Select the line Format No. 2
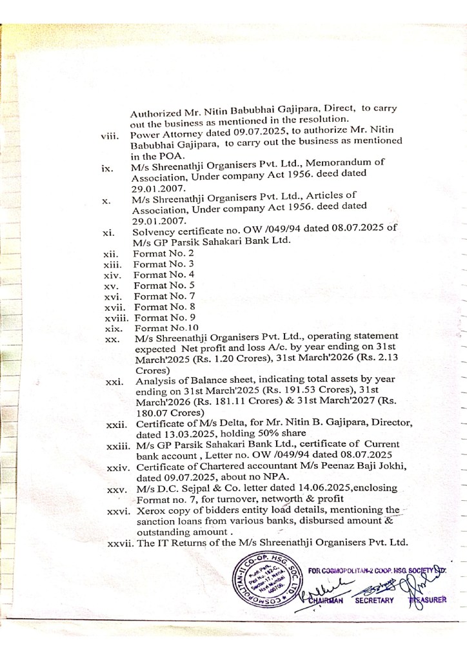pyautogui.click(x=154, y=254)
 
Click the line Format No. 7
pyautogui.click(x=155, y=296)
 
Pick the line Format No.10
pyautogui.click(x=157, y=327)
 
